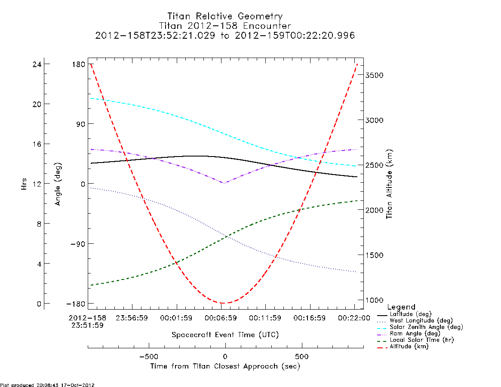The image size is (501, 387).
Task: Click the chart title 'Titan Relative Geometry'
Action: (x=225, y=16)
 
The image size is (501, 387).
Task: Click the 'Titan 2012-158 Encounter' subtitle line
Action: (x=225, y=25)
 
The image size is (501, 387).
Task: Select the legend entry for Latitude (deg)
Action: (x=405, y=314)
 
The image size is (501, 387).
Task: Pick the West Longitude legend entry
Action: (x=415, y=320)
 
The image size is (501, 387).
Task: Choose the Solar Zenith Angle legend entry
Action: (x=420, y=327)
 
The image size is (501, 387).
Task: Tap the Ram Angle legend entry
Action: (x=409, y=333)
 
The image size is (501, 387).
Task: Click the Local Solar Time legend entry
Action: (x=415, y=340)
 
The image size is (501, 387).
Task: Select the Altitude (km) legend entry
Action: (x=403, y=347)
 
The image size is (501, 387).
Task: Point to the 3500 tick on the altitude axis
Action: (x=375, y=75)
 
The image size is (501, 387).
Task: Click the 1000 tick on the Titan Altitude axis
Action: (x=375, y=300)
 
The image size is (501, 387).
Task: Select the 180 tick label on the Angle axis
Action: (x=79, y=64)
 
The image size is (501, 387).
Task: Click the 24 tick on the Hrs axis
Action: (x=37, y=64)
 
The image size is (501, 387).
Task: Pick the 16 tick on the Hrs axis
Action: (x=37, y=144)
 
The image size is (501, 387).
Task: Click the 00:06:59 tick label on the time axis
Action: (x=221, y=318)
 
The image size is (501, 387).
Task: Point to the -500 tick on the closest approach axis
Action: (x=149, y=356)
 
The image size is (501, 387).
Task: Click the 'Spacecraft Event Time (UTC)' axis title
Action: (x=225, y=335)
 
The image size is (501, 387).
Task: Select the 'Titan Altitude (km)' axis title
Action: (x=389, y=184)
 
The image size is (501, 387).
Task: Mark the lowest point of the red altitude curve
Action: (x=223, y=303)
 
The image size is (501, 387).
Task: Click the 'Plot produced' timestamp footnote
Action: (x=47, y=385)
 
